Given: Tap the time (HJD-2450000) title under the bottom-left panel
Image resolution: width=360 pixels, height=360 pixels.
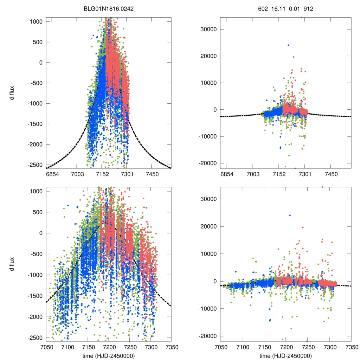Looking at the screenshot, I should pyautogui.click(x=109, y=356).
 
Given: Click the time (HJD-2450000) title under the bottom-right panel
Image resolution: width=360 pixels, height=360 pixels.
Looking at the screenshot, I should pyautogui.click(x=285, y=356).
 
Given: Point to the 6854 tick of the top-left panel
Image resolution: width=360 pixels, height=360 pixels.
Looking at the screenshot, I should pyautogui.click(x=52, y=174).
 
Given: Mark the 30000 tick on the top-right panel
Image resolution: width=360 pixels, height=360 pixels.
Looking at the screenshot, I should pyautogui.click(x=210, y=29).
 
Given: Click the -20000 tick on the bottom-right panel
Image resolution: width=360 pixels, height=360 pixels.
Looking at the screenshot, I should pyautogui.click(x=208, y=336).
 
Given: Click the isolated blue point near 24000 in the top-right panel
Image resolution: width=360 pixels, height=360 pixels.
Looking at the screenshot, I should pyautogui.click(x=288, y=45).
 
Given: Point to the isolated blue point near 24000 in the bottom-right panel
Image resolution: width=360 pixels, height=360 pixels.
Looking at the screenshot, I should pyautogui.click(x=290, y=215).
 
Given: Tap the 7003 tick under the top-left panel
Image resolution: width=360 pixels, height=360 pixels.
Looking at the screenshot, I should pyautogui.click(x=78, y=174).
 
